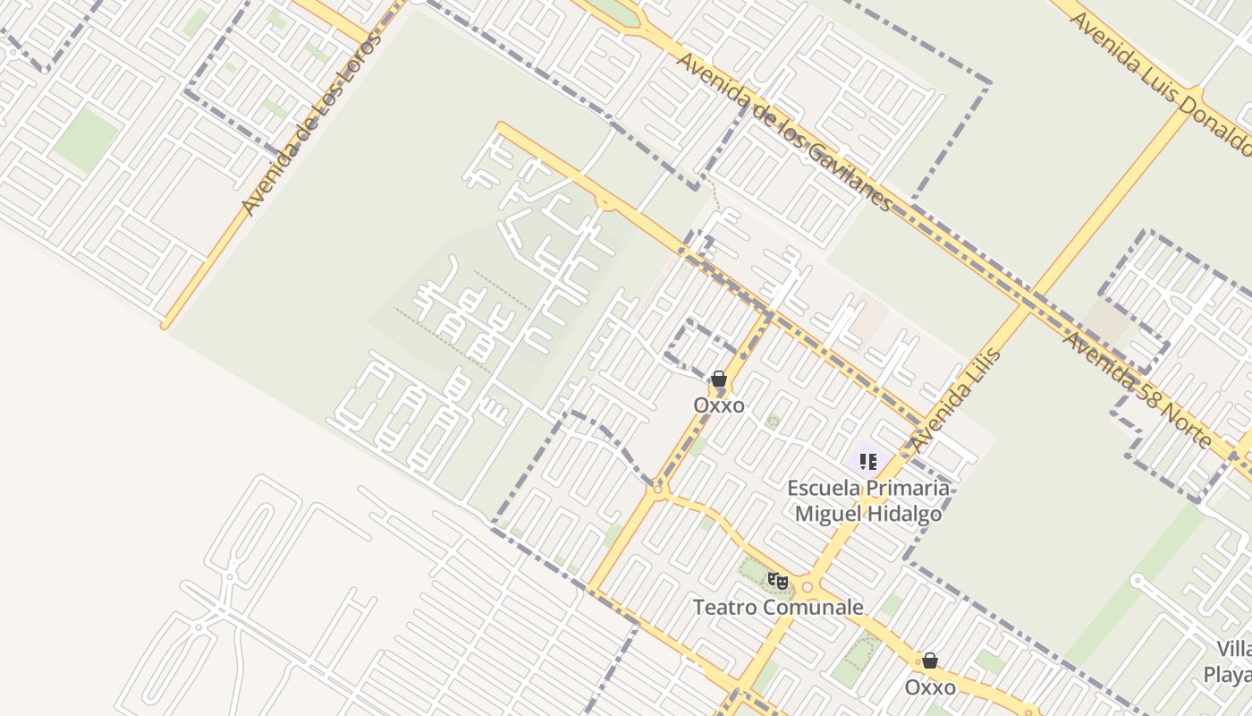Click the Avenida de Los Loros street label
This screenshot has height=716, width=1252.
(310, 125)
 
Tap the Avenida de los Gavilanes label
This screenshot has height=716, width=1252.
(783, 131)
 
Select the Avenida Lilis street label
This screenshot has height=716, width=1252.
(955, 399)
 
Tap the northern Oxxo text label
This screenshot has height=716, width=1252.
(719, 405)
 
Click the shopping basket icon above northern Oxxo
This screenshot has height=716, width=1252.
(719, 379)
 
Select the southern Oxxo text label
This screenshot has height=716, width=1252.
(930, 687)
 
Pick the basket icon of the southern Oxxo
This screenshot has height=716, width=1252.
(930, 661)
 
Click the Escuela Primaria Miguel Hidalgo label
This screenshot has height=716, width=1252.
(868, 500)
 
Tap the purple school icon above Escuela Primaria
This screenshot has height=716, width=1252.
(867, 462)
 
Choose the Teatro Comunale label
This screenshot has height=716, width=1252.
(778, 608)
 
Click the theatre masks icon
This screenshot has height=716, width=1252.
(778, 581)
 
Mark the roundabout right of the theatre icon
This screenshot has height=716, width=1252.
(808, 587)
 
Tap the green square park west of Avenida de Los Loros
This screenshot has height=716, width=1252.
(86, 140)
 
